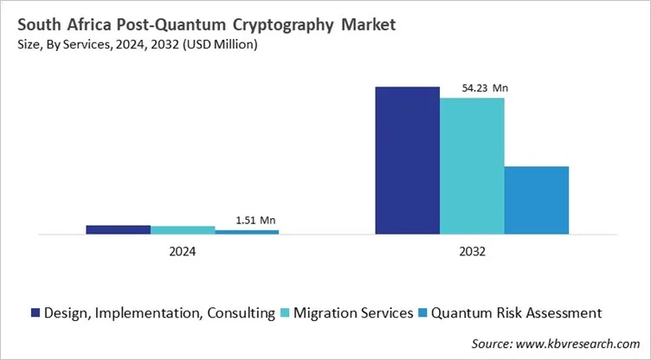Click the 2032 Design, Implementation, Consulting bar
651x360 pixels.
407,160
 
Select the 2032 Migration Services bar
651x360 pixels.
472,165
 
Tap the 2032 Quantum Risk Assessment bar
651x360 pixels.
536,200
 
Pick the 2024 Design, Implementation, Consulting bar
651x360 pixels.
118,229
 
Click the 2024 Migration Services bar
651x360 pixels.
183,230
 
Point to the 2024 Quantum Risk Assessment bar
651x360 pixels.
247,232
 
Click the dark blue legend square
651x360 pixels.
35,312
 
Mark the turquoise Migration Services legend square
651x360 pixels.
287,312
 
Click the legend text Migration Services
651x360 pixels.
353,312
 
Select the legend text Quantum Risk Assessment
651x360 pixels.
517,312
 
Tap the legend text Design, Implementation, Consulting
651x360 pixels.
160,312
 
